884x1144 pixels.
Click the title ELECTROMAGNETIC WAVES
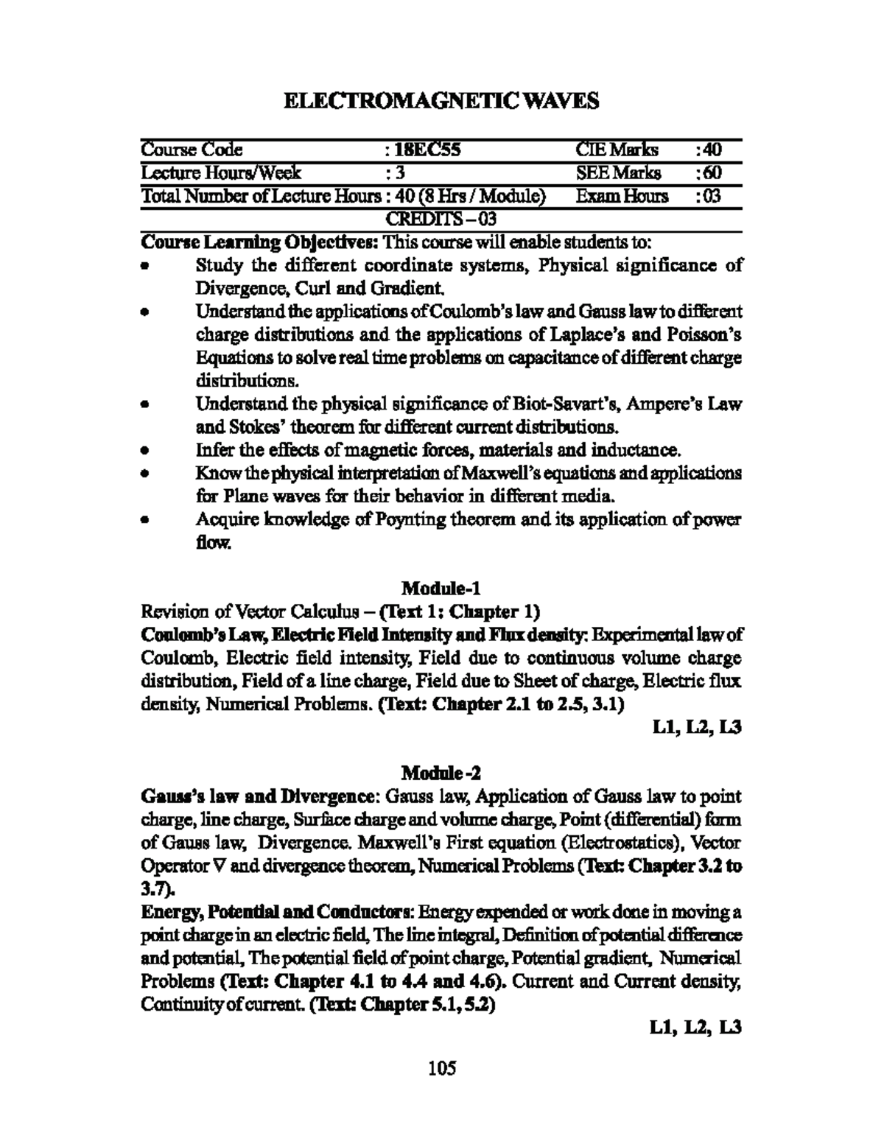pyautogui.click(x=441, y=101)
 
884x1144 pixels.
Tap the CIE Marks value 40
pyautogui.click(x=712, y=150)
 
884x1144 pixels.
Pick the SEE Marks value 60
pyautogui.click(x=712, y=173)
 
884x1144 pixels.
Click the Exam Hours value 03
pyautogui.click(x=712, y=196)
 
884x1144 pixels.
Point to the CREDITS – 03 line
pyautogui.click(x=441, y=219)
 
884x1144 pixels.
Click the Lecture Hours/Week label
pyautogui.click(x=221, y=173)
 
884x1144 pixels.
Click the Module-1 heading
pyautogui.click(x=441, y=588)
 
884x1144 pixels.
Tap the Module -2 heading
pyautogui.click(x=441, y=773)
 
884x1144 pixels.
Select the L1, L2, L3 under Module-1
pyautogui.click(x=697, y=727)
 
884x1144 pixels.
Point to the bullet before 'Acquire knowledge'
pyautogui.click(x=147, y=521)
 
